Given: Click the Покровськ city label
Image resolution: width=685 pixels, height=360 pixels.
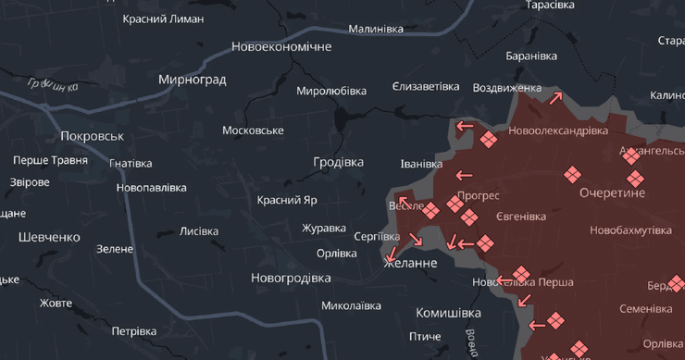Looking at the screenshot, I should point(92,136).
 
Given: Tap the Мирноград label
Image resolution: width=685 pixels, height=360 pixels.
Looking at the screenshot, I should point(192,80).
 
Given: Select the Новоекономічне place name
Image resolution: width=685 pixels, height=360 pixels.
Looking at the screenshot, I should point(281,46).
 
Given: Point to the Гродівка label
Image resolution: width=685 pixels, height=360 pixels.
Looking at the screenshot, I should point(338,162).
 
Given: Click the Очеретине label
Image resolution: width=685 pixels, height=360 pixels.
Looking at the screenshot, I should point(612,192).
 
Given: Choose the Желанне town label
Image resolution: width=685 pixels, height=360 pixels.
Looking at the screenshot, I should point(410,264).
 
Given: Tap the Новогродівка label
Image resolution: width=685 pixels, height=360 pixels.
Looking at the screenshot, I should point(291,278).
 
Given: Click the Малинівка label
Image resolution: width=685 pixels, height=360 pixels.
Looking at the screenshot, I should point(376,29).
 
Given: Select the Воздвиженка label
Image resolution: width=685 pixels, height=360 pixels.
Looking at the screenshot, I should point(507,88).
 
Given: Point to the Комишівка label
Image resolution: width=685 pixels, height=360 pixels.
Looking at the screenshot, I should point(448,313).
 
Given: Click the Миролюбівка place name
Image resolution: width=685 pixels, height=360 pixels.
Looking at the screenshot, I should point(331,91).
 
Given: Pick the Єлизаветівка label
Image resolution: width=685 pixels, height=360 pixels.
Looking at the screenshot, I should point(426,86).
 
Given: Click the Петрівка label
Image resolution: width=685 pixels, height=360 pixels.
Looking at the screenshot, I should point(134,331).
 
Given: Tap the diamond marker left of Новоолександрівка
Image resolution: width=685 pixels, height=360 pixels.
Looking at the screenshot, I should point(489,140).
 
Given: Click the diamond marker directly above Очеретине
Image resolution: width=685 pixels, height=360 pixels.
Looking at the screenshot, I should point(573,173).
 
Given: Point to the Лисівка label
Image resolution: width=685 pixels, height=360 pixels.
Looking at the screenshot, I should point(199,231).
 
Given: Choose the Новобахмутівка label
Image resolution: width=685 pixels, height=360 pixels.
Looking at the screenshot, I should point(630,230).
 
